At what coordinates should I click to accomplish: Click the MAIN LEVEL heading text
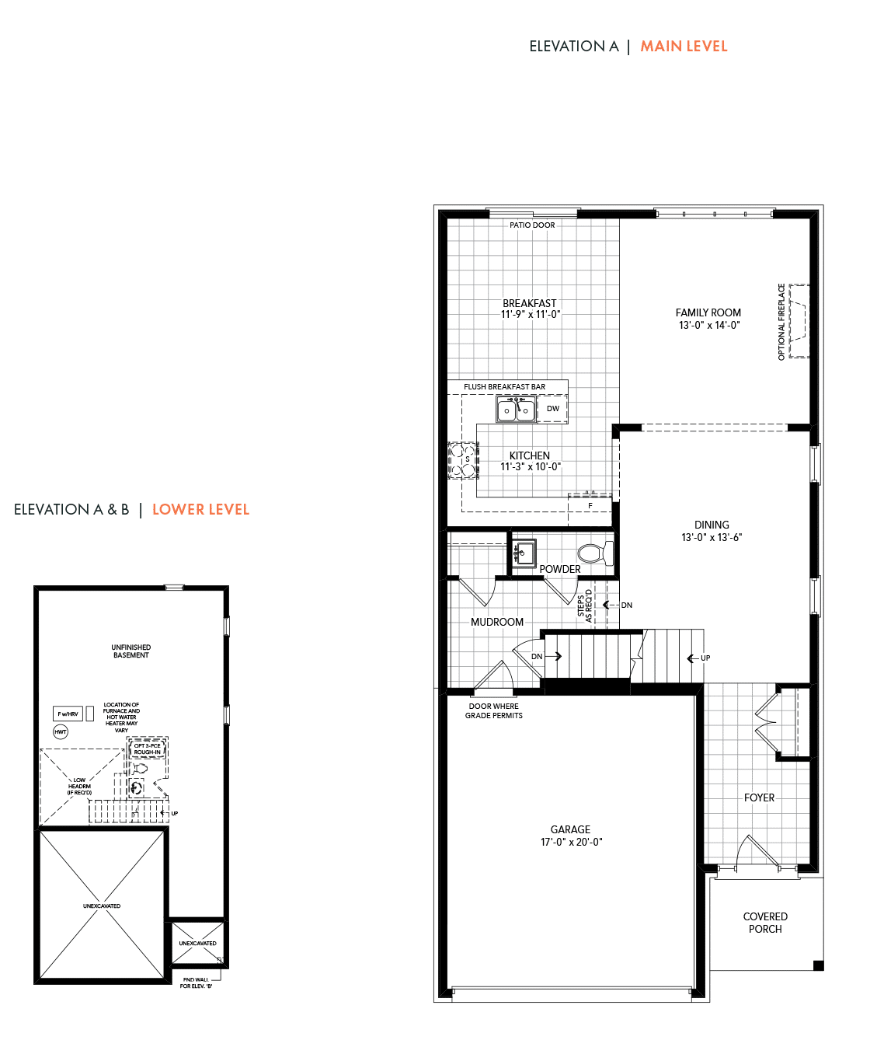pyautogui.click(x=684, y=47)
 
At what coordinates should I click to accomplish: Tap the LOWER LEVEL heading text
pyautogui.click(x=200, y=510)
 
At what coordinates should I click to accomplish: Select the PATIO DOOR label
pyautogui.click(x=532, y=225)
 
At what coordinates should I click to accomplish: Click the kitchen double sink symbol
pyautogui.click(x=517, y=410)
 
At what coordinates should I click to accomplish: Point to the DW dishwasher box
pyautogui.click(x=553, y=409)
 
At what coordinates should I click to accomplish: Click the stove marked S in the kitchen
pyautogui.click(x=463, y=460)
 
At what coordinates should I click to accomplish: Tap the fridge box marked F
pyautogui.click(x=590, y=505)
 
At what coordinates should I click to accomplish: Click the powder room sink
pyautogui.click(x=524, y=553)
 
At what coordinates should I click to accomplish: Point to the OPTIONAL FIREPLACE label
pyautogui.click(x=781, y=322)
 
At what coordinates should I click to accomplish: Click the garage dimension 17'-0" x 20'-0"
pyautogui.click(x=571, y=842)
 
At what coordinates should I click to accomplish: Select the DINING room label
pyautogui.click(x=712, y=525)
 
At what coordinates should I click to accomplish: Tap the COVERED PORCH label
pyautogui.click(x=765, y=923)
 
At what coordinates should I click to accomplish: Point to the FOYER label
pyautogui.click(x=759, y=797)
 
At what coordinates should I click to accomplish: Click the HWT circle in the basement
pyautogui.click(x=61, y=731)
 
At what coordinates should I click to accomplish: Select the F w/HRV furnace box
pyautogui.click(x=68, y=714)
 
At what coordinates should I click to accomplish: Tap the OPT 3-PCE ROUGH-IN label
pyautogui.click(x=147, y=749)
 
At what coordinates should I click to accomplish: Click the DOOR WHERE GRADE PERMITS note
pyautogui.click(x=494, y=711)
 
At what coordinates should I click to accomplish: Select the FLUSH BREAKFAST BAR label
pyautogui.click(x=504, y=387)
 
